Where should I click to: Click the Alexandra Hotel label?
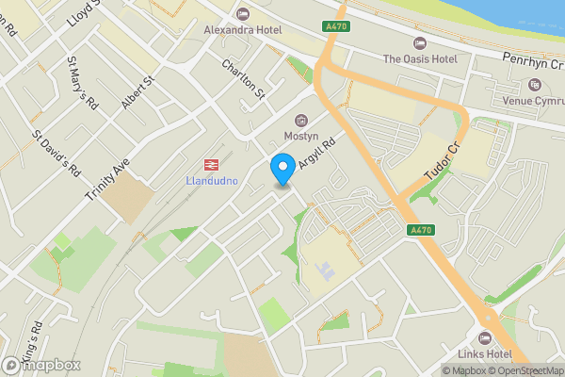pyautogui.click(x=243, y=29)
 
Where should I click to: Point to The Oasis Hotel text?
pyautogui.click(x=420, y=58)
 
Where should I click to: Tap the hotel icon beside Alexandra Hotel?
pyautogui.click(x=243, y=13)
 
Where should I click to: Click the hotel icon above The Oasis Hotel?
pyautogui.click(x=420, y=42)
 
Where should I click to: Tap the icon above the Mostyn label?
pyautogui.click(x=302, y=121)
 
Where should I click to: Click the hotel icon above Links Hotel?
pyautogui.click(x=486, y=337)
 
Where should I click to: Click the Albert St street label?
pyautogui.click(x=136, y=92)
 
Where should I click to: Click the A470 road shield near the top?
pyautogui.click(x=334, y=25)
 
